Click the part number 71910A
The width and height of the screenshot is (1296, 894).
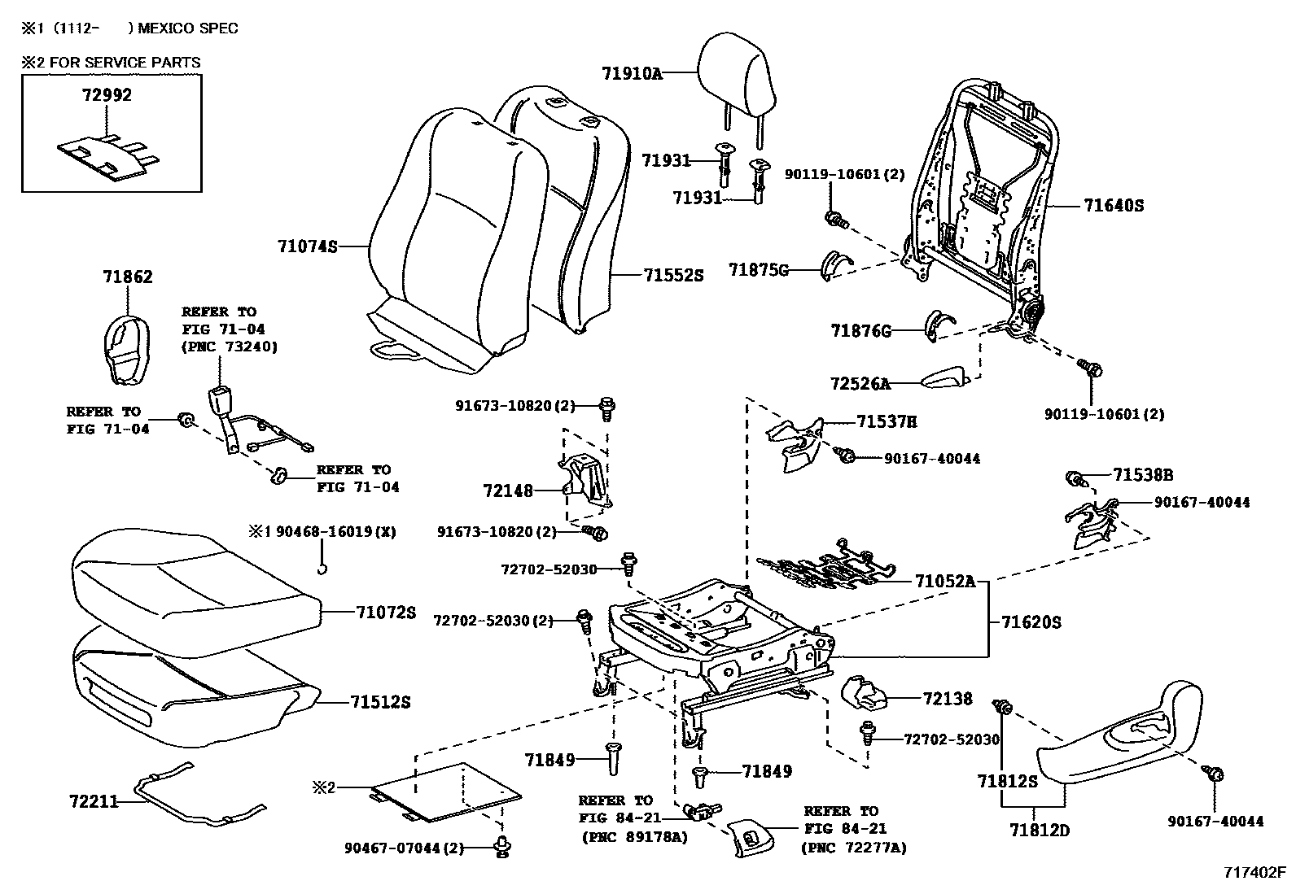[632, 73]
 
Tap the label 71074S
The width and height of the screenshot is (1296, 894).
[307, 245]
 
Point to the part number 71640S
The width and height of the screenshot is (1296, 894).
[1113, 206]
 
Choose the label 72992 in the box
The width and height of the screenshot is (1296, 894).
[107, 95]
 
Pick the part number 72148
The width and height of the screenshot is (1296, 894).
[507, 491]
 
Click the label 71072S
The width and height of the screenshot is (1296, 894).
[385, 613]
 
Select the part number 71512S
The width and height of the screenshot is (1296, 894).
[380, 701]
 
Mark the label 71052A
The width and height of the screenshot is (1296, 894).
[944, 582]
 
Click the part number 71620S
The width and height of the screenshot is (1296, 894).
[1031, 622]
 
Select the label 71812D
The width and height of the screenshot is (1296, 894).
[1040, 831]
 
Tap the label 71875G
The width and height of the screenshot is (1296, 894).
[759, 270]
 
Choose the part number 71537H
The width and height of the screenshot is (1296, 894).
[887, 421]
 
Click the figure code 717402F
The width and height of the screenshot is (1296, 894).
[1254, 874]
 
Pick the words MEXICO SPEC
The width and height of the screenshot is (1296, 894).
[187, 28]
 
